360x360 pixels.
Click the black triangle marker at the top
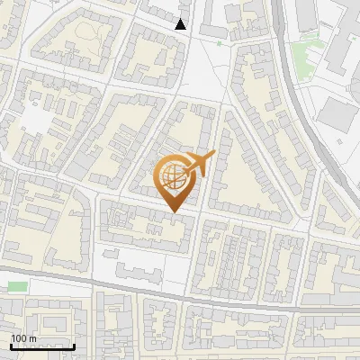[181, 24]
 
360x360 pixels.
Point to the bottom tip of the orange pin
[174, 211]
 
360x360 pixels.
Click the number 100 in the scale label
[19, 338]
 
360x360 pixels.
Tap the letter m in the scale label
[31, 338]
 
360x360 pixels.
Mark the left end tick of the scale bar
[11, 346]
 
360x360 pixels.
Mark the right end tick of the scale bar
[73, 346]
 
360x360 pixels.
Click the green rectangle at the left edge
[17, 285]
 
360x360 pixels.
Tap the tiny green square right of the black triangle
[219, 42]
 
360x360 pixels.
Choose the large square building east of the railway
[339, 115]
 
